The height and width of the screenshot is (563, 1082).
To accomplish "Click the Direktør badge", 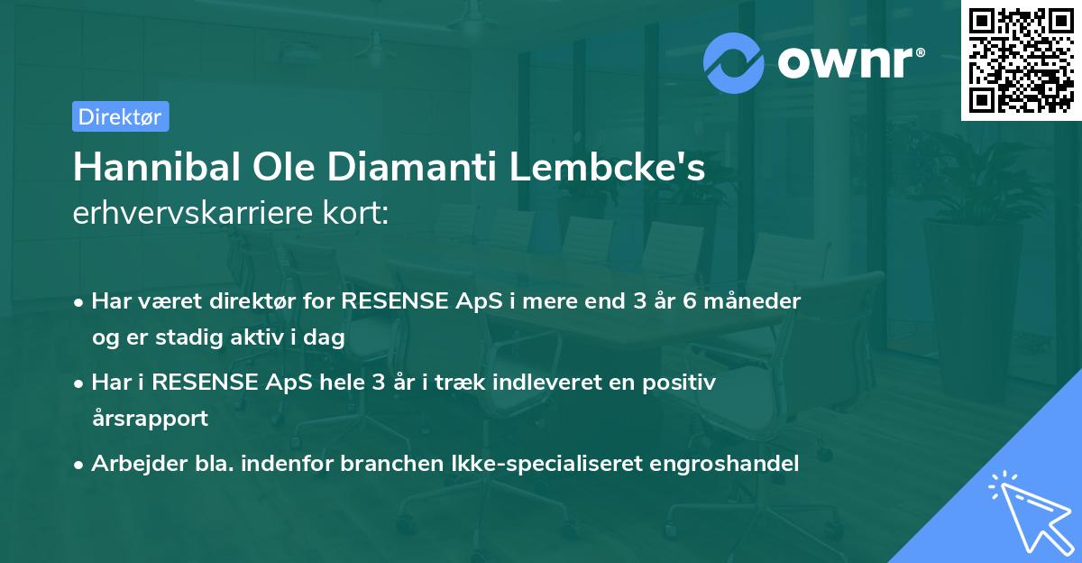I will [120, 116].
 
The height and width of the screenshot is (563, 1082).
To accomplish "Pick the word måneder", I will [753, 300].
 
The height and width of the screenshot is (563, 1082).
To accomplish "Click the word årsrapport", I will [150, 419].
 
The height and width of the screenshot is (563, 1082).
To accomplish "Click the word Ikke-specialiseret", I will [487, 464].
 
